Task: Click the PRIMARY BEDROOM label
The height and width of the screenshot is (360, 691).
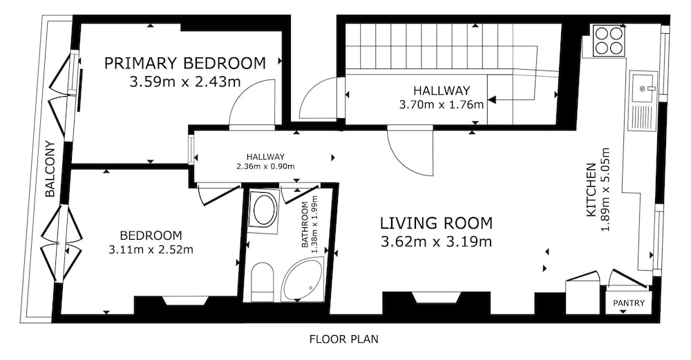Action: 185,64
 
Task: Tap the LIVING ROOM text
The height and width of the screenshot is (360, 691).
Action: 436,223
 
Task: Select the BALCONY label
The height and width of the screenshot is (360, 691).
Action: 50,169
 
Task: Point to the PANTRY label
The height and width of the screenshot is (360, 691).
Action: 628,303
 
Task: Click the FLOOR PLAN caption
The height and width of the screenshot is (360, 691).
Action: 343,339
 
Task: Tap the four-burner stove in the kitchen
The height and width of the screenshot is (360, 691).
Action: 609,41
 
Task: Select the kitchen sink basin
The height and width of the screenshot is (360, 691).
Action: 643,88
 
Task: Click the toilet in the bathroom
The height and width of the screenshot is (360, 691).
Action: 262,281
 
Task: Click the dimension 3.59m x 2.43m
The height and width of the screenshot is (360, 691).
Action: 184,82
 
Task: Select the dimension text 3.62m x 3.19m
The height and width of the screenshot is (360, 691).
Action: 436,242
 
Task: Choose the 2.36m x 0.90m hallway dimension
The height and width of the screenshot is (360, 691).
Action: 265,166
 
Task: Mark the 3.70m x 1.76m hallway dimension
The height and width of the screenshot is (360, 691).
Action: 442,105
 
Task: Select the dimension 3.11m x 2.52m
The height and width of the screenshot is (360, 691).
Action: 151,250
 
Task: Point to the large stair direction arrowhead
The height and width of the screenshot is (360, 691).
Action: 492,100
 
